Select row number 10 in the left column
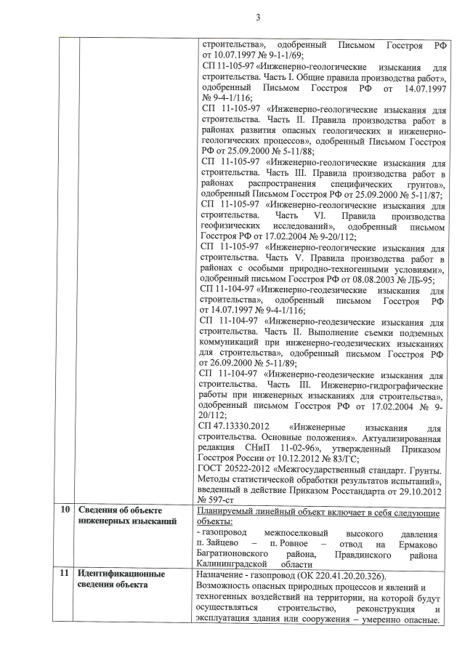pyautogui.click(x=66, y=508)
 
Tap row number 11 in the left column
pyautogui.click(x=66, y=574)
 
